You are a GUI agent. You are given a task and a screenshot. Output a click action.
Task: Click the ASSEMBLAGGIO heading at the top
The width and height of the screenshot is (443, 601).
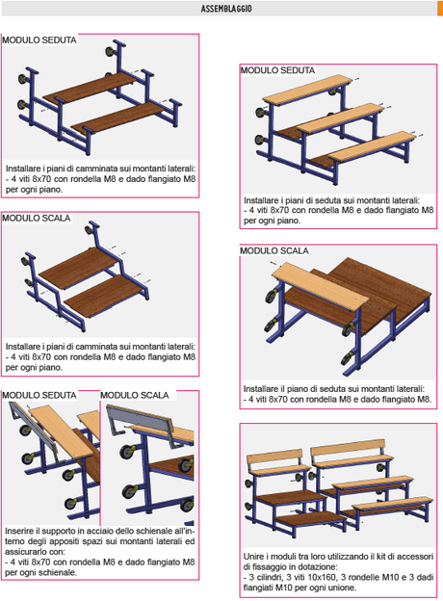(226, 9)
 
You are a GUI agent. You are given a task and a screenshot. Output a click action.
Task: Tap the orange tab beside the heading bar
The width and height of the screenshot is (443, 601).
(440, 8)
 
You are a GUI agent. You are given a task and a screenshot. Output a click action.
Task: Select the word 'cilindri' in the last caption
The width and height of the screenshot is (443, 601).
(272, 577)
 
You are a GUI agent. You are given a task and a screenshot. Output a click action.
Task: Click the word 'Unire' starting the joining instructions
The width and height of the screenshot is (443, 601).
(254, 557)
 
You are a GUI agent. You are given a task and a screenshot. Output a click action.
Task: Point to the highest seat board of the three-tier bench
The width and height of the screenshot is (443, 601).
(307, 90)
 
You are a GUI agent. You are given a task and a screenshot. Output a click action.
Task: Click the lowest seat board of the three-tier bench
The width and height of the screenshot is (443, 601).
(373, 146)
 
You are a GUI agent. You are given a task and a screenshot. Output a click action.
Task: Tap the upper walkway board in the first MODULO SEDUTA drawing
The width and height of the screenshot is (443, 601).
(91, 88)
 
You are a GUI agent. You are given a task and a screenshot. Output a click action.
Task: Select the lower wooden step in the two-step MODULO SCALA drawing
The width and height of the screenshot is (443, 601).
(105, 296)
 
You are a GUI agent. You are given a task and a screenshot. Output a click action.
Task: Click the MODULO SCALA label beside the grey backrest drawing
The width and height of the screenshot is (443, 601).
(135, 395)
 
